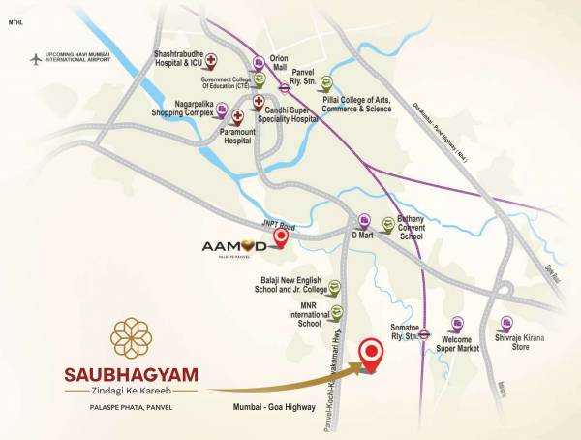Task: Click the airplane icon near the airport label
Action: point(37,59)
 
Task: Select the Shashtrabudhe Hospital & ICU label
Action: point(186,61)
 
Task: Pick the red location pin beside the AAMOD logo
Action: point(281,236)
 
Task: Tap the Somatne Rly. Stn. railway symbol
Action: point(423,334)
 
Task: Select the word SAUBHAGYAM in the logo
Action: point(131,372)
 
